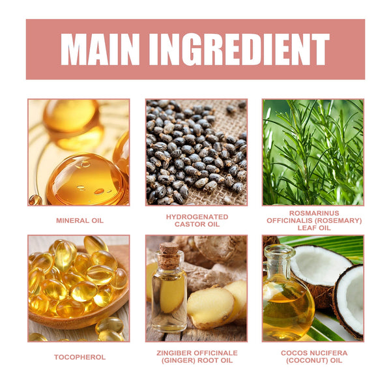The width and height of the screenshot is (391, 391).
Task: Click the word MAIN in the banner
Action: pyautogui.click(x=100, y=50)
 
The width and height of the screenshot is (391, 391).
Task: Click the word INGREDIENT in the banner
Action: pyautogui.click(x=239, y=50)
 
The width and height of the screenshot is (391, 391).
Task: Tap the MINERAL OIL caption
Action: pyautogui.click(x=80, y=220)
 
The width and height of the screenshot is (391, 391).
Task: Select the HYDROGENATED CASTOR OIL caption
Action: pyautogui.click(x=197, y=220)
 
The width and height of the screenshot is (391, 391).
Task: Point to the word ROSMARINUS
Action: pyautogui.click(x=314, y=213)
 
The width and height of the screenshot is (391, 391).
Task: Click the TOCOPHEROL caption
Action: pyautogui.click(x=80, y=357)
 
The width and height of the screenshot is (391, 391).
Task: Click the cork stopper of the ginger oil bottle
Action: pyautogui.click(x=169, y=255)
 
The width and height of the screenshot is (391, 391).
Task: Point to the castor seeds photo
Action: pyautogui.click(x=197, y=152)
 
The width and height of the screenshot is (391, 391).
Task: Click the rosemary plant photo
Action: pyautogui.click(x=313, y=152)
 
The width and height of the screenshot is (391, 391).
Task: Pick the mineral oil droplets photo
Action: pyautogui.click(x=79, y=152)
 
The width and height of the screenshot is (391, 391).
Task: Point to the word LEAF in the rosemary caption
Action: pyautogui.click(x=305, y=227)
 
